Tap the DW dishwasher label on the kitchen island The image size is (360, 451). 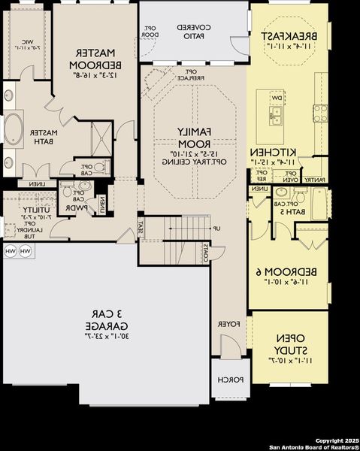pyautogui.click(x=277, y=98)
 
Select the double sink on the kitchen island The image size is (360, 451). pyautogui.click(x=278, y=114)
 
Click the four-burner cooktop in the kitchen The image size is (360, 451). pyautogui.click(x=321, y=113)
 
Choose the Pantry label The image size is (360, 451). pyautogui.click(x=317, y=180)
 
